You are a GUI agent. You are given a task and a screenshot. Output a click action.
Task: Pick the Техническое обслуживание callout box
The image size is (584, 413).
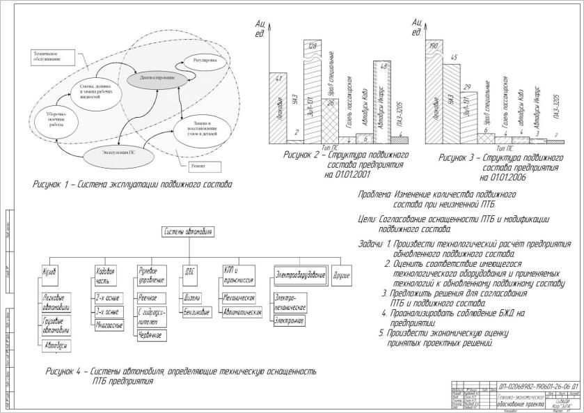(x=48, y=57)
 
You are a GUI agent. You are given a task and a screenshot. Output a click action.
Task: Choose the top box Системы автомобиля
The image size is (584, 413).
(x=188, y=231)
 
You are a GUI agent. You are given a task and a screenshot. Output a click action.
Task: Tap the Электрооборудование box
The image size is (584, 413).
(x=300, y=274)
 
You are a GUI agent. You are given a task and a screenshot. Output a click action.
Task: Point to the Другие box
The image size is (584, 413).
(x=342, y=274)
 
